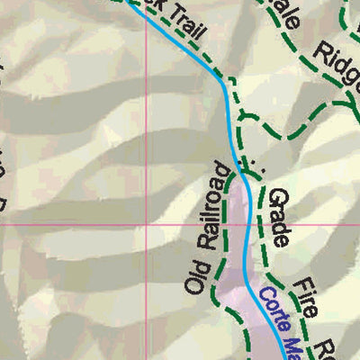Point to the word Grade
click(278, 218)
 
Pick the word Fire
click(307, 296)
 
